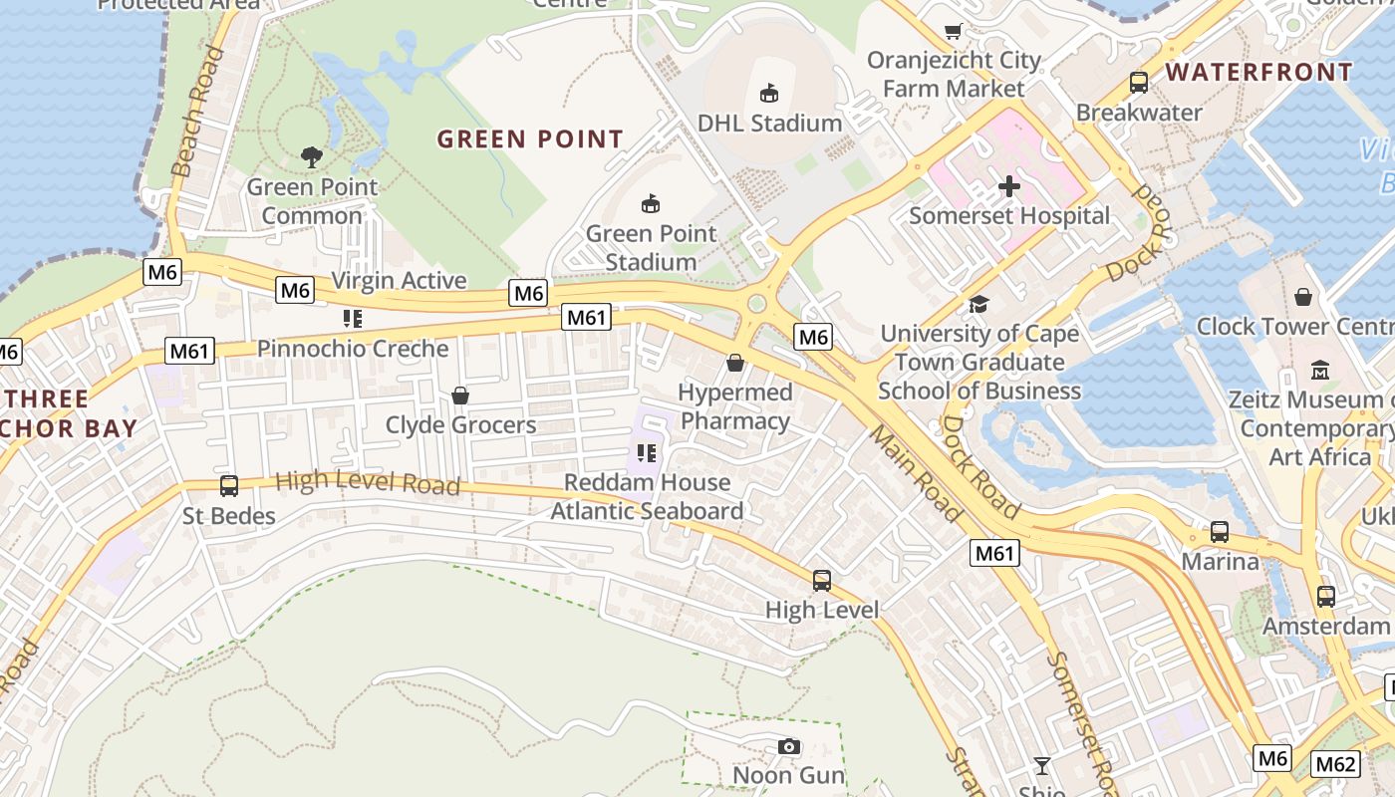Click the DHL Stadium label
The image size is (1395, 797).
[x=769, y=123]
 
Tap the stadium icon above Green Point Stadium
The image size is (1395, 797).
[x=651, y=204]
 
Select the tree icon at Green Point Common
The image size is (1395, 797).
[x=312, y=156]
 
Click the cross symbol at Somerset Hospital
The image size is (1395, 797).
[x=1009, y=186]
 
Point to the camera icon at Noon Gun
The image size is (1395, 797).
[x=788, y=746]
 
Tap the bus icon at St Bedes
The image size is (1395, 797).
[x=229, y=486]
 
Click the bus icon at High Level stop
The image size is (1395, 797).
[x=822, y=580]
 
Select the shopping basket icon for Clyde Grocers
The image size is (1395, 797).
[x=460, y=396]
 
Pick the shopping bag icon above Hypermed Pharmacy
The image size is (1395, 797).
[x=735, y=363]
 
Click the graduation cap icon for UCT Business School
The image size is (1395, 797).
[x=979, y=304]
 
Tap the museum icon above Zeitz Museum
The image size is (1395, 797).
[x=1320, y=370]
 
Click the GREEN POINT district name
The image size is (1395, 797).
[x=530, y=139]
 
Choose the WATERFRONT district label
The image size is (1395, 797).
[x=1259, y=72]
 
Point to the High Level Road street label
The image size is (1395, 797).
[x=368, y=483]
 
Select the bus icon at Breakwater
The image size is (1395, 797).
[x=1139, y=83]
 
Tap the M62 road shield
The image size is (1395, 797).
[x=1335, y=764]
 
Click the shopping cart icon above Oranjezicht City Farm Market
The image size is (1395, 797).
[x=954, y=31]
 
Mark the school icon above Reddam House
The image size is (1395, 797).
[x=647, y=453]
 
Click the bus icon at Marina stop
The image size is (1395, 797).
[x=1220, y=532]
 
